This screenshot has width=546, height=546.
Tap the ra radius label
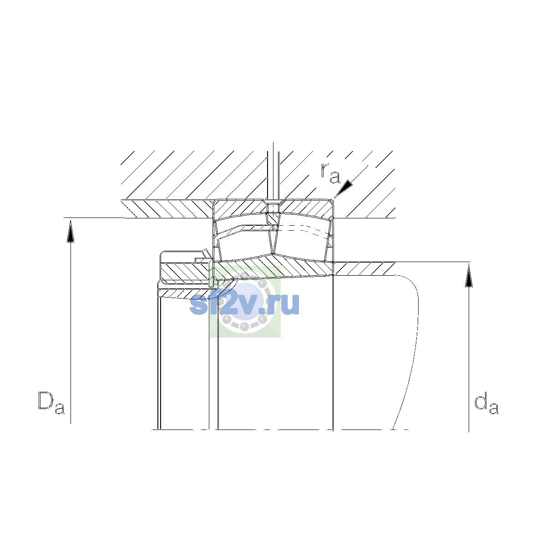[x=330, y=173]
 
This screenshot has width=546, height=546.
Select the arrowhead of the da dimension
[x=469, y=276]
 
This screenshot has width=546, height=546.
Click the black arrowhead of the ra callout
[x=344, y=188]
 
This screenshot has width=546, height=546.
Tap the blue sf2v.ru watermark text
[x=244, y=304]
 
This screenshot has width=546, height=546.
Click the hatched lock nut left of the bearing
[x=185, y=272]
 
